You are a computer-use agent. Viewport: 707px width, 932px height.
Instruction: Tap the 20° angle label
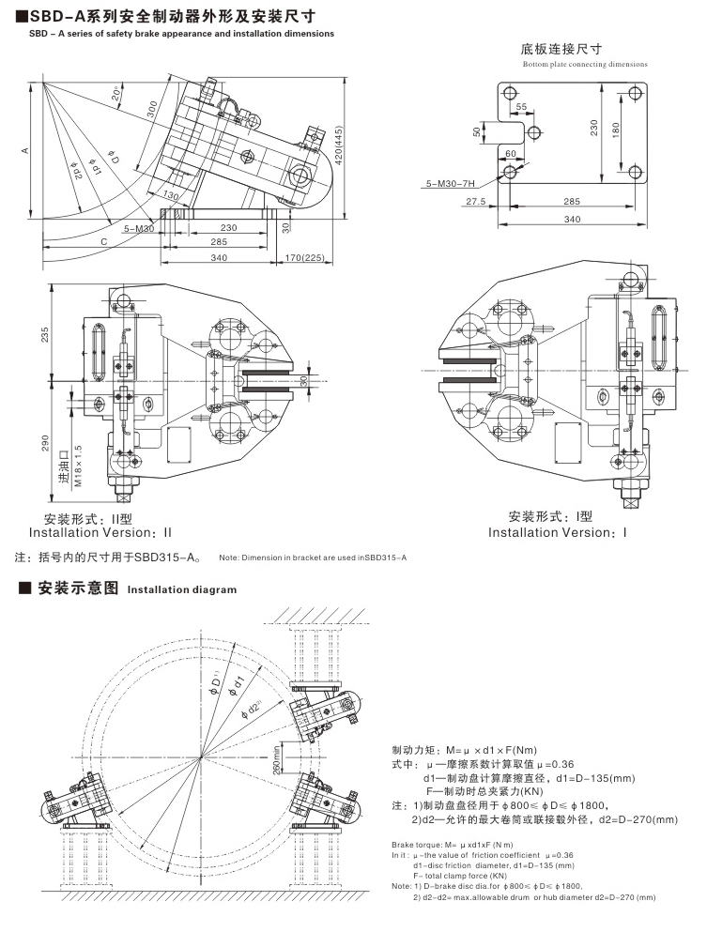point(115,94)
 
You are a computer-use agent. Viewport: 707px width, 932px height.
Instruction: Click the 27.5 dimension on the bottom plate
point(474,202)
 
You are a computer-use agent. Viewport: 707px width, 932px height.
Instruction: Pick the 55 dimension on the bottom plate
point(521,108)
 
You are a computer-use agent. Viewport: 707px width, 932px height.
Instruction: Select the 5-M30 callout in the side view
point(138,228)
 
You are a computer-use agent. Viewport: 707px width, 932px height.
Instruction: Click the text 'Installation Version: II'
point(100,532)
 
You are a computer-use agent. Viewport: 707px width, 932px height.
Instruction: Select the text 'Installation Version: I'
point(557,532)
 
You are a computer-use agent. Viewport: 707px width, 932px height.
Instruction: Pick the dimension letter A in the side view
point(26,150)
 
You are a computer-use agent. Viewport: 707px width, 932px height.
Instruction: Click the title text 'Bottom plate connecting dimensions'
point(585,65)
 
